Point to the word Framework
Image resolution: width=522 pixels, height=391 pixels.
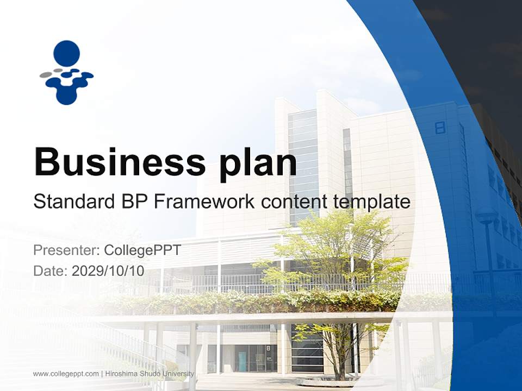click(204, 201)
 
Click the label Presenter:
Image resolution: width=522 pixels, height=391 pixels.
click(66, 250)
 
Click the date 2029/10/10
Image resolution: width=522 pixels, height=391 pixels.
click(108, 270)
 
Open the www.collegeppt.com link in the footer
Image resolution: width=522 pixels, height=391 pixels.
click(66, 374)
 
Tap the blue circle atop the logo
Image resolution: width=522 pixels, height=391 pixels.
click(67, 53)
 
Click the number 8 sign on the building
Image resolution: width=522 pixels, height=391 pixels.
click(440, 128)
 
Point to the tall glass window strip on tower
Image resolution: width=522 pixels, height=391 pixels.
click(303, 163)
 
